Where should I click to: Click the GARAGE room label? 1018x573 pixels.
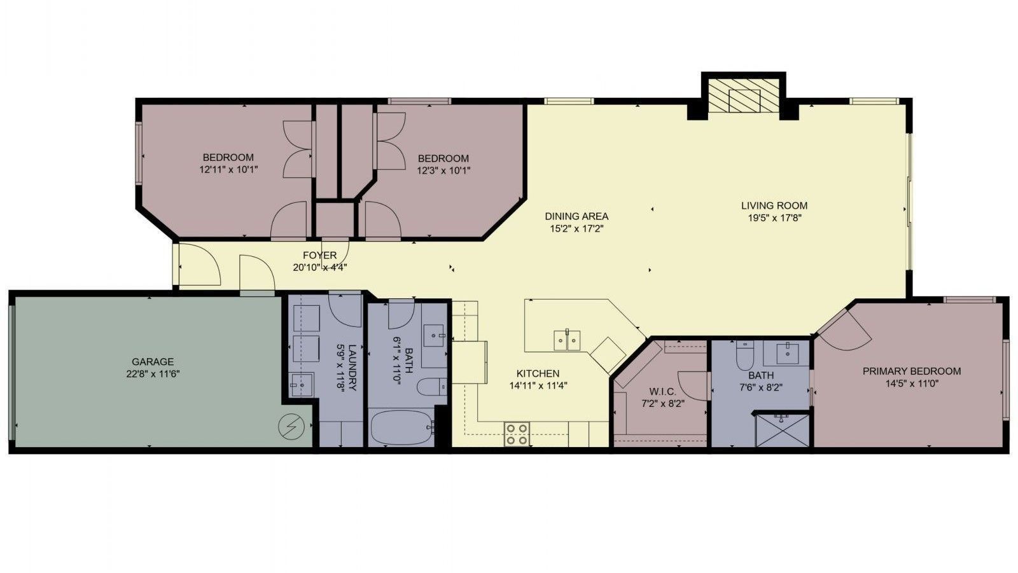(152, 362)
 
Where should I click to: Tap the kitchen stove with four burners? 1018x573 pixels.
(516, 433)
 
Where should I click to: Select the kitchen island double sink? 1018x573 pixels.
(567, 340)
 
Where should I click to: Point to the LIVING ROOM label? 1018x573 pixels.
(774, 205)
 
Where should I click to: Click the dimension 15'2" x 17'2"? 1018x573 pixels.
(576, 228)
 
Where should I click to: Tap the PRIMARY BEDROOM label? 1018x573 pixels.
(911, 371)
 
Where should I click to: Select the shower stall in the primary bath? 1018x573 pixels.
(782, 430)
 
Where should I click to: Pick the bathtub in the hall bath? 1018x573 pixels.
(401, 428)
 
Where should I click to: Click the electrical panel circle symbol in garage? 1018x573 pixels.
(293, 425)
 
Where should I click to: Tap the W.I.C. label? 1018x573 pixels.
(662, 392)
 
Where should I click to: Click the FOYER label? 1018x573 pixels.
(319, 256)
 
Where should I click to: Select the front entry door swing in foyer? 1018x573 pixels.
(199, 265)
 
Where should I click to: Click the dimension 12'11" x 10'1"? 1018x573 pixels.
(228, 170)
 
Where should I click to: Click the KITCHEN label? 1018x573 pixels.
(538, 373)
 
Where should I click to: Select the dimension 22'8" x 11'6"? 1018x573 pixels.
(152, 374)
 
